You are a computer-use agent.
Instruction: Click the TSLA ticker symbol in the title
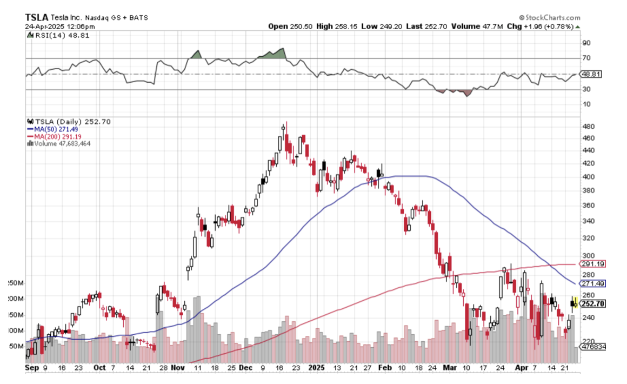click(x=37, y=17)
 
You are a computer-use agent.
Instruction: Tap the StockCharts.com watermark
click(x=549, y=18)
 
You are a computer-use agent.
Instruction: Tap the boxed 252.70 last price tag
click(x=592, y=304)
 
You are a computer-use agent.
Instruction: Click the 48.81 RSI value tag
click(x=590, y=74)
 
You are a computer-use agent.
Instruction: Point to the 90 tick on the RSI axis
click(x=585, y=43)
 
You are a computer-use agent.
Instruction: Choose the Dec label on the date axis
click(x=245, y=367)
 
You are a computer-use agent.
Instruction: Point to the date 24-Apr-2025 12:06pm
click(x=60, y=26)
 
